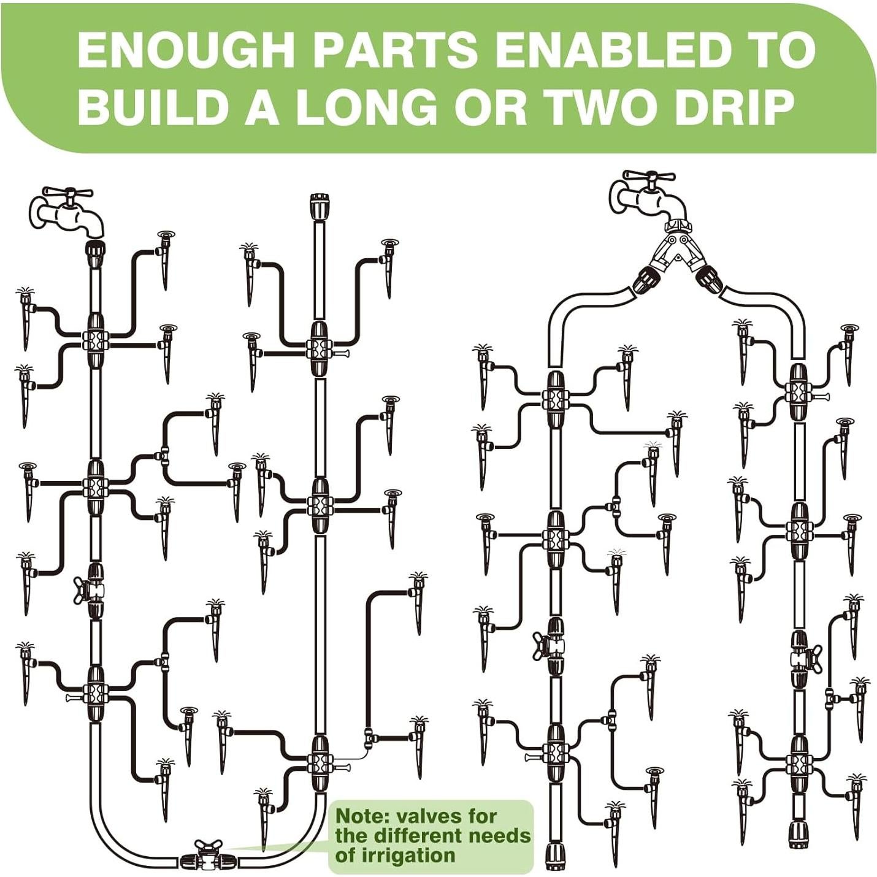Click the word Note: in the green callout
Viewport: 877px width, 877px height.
pos(364,816)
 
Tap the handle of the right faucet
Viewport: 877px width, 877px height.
pos(649,177)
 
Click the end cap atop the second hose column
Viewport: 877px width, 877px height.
pos(318,206)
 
